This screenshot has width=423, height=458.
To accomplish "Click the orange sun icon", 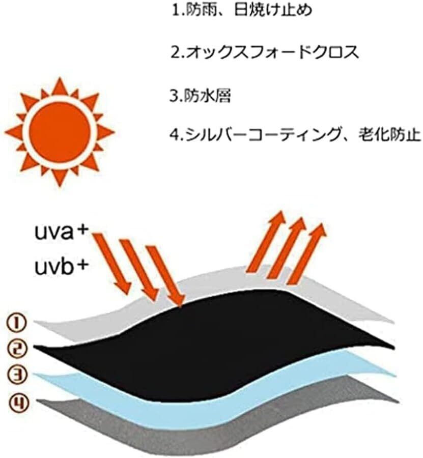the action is pyautogui.click(x=60, y=132).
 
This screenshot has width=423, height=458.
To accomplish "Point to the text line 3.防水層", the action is pyautogui.click(x=201, y=96).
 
